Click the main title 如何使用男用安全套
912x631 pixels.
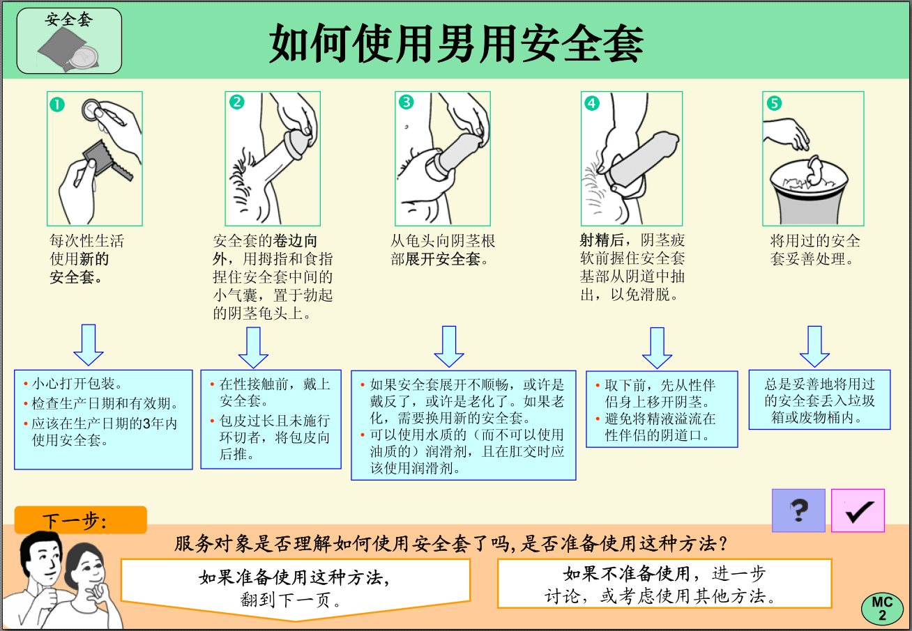[x=457, y=43]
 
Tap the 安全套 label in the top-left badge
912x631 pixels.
[x=69, y=19]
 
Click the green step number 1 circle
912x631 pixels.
[x=57, y=104]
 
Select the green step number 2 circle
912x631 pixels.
[x=237, y=102]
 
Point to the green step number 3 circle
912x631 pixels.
[x=406, y=102]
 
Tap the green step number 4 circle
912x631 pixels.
[x=591, y=103]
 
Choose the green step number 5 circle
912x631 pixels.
[x=774, y=103]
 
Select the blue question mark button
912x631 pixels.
[x=798, y=511]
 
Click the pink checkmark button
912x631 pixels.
[x=858, y=511]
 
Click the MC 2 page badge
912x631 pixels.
[x=882, y=609]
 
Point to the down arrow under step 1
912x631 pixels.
[x=89, y=344]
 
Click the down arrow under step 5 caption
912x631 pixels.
[x=814, y=345]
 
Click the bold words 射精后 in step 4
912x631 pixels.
[x=602, y=241]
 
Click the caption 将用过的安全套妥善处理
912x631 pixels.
[x=814, y=249]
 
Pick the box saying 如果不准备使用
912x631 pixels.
[x=664, y=584]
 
